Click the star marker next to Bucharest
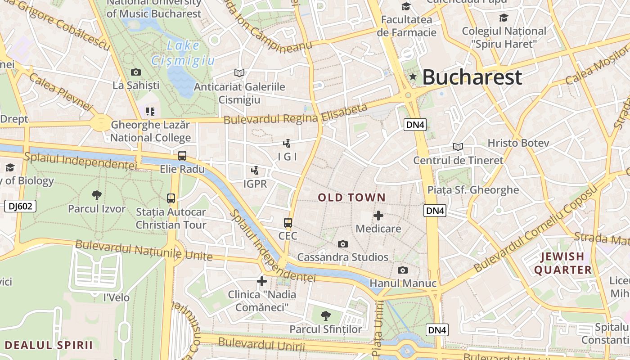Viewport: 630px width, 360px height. tap(413, 77)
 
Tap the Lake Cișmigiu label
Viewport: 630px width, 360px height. tap(183, 53)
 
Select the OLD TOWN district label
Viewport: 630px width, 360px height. tap(352, 198)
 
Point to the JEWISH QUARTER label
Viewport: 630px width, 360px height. tap(562, 263)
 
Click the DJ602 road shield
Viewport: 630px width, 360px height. tap(20, 206)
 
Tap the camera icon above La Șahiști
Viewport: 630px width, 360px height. tap(135, 72)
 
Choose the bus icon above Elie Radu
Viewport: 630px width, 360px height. tap(182, 156)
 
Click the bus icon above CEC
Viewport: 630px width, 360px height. tap(288, 223)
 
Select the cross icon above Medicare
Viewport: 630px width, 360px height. tap(378, 216)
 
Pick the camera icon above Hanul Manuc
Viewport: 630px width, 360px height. tap(403, 270)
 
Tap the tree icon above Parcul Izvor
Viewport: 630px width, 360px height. tap(97, 195)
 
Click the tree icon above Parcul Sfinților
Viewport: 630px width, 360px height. tap(325, 316)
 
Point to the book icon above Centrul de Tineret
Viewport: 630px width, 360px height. tap(458, 147)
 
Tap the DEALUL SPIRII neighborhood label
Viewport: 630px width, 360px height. tap(49, 345)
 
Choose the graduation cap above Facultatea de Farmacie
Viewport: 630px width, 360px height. tap(406, 6)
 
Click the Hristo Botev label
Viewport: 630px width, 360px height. tap(518, 143)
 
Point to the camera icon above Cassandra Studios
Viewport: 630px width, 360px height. tap(343, 244)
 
